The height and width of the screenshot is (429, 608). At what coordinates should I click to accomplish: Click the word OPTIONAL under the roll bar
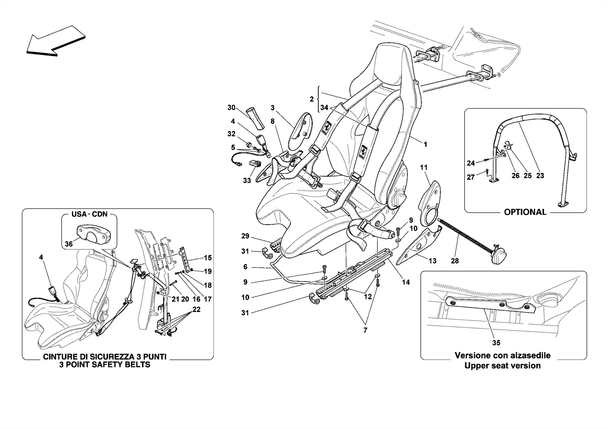coord(525,212)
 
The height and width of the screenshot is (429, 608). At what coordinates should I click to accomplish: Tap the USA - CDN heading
coord(89,214)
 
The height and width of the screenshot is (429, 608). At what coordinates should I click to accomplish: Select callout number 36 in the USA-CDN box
coord(69,244)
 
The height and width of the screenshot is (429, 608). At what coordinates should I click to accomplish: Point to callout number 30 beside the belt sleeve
coord(231,108)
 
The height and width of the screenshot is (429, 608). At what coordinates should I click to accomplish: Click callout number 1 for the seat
coord(425,144)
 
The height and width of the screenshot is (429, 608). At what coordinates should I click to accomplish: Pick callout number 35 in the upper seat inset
coord(496,343)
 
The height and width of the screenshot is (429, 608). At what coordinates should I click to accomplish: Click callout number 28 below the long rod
coord(455,261)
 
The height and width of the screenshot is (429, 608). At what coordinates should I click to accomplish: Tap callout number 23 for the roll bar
coord(540,176)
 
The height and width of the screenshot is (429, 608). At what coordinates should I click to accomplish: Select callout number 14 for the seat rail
coord(406,282)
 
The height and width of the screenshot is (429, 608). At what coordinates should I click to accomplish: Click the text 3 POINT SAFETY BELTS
coord(104,365)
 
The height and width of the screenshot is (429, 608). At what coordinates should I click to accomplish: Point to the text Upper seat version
coord(502,366)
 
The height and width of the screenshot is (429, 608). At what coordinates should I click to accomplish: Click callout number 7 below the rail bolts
coord(365,330)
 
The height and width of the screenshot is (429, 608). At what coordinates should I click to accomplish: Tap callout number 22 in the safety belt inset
coord(196,309)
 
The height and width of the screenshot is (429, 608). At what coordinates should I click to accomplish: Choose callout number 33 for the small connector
coord(247,180)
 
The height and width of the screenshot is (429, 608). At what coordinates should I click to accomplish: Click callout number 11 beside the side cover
coord(424,168)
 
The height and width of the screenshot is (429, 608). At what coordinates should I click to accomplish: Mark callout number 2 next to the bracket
coord(311,99)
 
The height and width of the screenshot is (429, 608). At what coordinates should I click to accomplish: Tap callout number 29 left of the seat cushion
coord(245,236)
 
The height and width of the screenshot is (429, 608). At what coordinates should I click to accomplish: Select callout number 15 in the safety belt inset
coord(208,258)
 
